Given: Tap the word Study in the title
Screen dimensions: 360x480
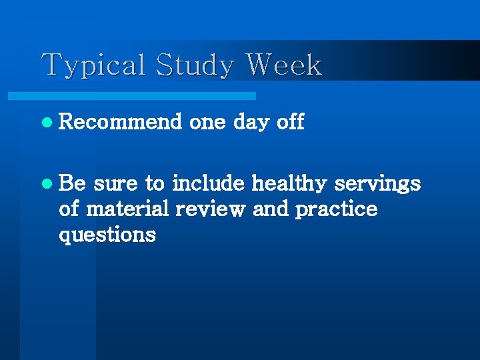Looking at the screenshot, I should [x=195, y=66].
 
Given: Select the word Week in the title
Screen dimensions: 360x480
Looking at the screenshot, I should [x=284, y=65].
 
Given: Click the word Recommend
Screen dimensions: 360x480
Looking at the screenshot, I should [x=120, y=122].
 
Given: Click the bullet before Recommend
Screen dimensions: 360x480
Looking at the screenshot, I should [x=45, y=123].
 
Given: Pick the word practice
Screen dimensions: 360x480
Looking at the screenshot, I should [x=336, y=209].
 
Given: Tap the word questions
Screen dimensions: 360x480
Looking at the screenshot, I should [x=107, y=235].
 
